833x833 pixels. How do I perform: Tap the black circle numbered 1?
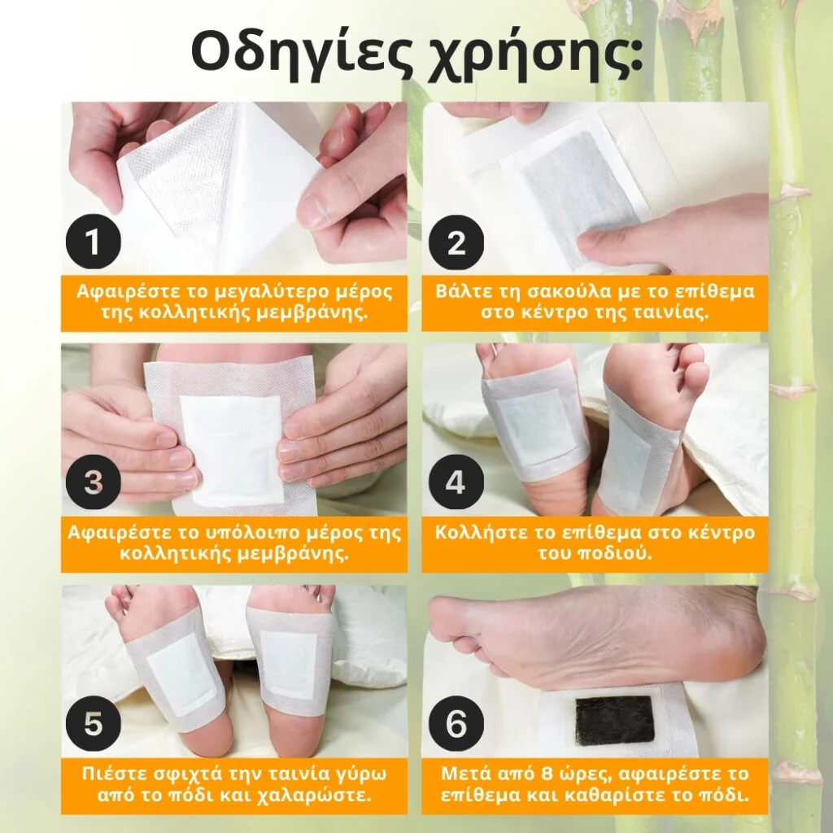click(94, 242)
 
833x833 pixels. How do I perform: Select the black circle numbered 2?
click(456, 242)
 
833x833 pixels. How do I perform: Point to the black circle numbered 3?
click(94, 482)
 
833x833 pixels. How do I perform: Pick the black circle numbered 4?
click(456, 482)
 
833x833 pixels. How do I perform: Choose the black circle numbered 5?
click(94, 723)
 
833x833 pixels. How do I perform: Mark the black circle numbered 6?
click(456, 723)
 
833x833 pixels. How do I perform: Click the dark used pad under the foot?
click(615, 720)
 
